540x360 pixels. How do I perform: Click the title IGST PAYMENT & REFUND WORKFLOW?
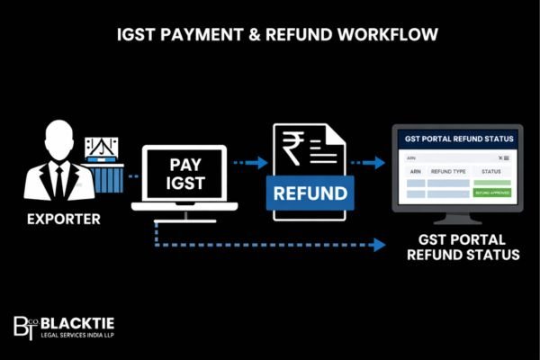[269, 36]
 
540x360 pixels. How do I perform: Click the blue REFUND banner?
[310, 193]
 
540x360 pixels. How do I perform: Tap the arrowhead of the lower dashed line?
[379, 245]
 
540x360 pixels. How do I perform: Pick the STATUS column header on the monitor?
[491, 170]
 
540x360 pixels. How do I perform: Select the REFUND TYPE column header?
[447, 170]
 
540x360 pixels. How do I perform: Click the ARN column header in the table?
[415, 170]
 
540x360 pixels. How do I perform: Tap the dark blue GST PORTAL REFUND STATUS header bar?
[459, 139]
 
